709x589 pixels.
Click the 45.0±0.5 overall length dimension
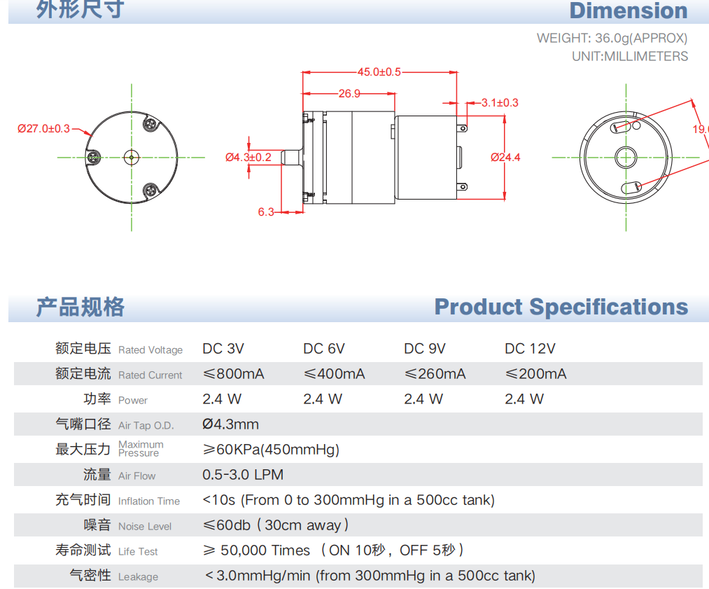pos(379,72)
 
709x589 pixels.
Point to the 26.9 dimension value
pos(349,94)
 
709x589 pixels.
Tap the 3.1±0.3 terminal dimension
pos(500,103)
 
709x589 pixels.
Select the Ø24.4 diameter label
pos(505,158)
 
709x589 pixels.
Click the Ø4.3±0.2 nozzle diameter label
pos(248,158)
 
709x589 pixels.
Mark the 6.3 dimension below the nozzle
pos(266,212)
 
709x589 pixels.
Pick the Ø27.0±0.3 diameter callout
pos(43,129)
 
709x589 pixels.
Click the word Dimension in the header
pos(628,11)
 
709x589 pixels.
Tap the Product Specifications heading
pos(561,307)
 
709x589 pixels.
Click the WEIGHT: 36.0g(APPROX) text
pos(612,39)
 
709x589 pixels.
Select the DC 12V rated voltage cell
pos(530,349)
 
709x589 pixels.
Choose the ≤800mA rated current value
pos(233,374)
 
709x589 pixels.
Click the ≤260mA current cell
pos(435,374)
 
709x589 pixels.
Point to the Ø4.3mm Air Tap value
pos(230,424)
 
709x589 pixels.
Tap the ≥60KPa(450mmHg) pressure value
pos(270,450)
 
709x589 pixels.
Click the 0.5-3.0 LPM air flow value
pos(243,475)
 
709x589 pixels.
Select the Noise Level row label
pos(145,527)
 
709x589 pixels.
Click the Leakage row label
pos(138,577)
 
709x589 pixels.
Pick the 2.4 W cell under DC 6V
pos(323,399)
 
